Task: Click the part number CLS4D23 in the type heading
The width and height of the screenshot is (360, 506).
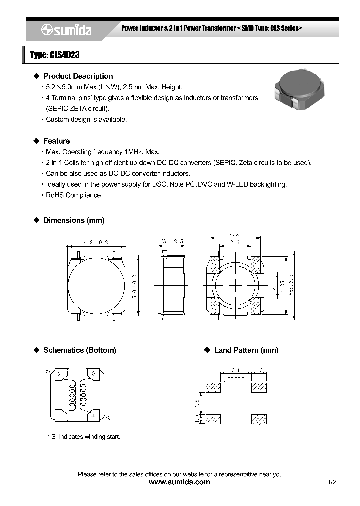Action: tap(63, 55)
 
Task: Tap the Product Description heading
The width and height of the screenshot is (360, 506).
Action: tap(78, 76)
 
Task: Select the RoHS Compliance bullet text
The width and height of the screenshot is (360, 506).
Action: tap(73, 195)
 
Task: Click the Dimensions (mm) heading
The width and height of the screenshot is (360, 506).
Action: tap(74, 220)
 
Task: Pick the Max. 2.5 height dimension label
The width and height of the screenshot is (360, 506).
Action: tap(172, 241)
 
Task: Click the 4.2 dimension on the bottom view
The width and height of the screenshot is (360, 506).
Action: tap(235, 234)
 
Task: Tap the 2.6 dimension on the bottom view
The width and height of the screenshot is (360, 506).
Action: tap(235, 242)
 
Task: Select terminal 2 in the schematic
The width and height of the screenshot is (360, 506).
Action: tap(59, 374)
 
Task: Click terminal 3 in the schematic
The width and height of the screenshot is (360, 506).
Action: tap(93, 374)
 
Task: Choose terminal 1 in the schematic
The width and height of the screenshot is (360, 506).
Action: tap(59, 414)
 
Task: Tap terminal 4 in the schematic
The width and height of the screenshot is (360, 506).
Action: tap(93, 414)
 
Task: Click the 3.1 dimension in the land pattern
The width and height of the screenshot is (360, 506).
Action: tap(236, 371)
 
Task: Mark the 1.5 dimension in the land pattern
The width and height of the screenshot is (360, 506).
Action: tap(259, 371)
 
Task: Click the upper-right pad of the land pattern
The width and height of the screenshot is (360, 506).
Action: tap(259, 388)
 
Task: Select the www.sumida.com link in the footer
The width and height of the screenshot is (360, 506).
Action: tap(179, 482)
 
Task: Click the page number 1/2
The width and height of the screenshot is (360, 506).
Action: tap(332, 482)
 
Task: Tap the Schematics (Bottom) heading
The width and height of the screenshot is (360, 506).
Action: tap(80, 350)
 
